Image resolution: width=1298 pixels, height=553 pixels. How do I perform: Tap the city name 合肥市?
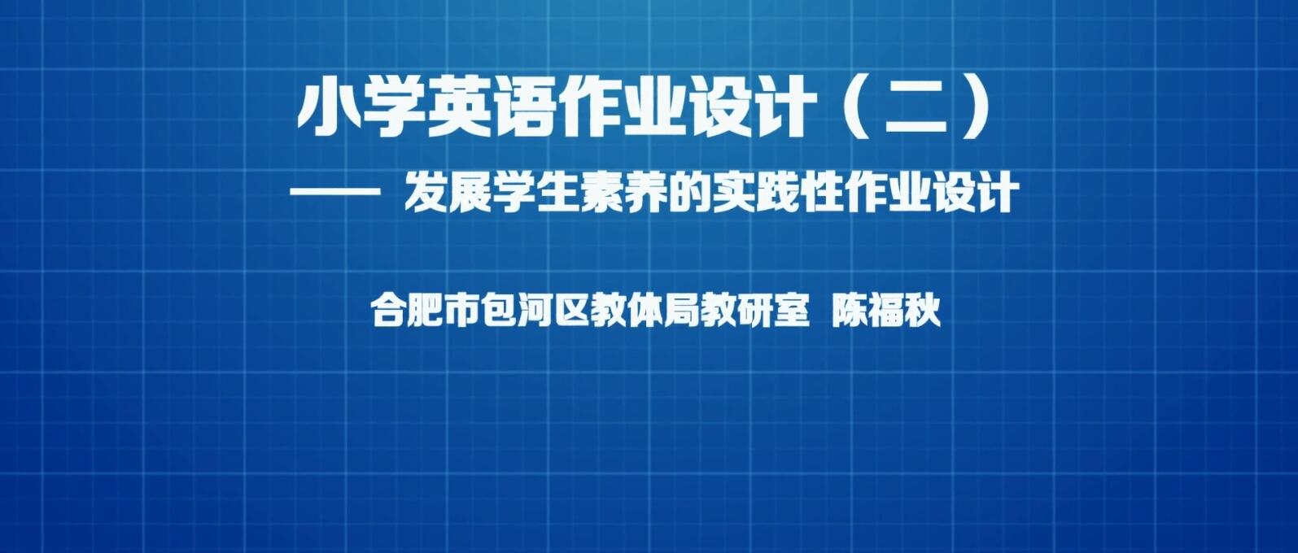pos(426,311)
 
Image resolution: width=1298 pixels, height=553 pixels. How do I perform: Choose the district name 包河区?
pos(535,311)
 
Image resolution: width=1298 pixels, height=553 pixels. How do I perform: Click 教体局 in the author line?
pos(645,311)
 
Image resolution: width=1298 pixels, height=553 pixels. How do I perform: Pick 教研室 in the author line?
pos(754,311)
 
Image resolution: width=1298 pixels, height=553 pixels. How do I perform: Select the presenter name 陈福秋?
pos(885,311)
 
